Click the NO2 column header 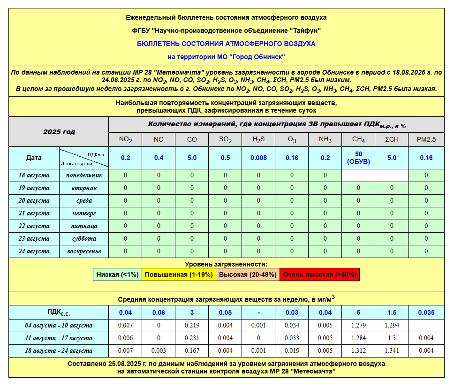[x=125, y=139]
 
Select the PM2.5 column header [x=426, y=139]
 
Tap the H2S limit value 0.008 [x=258, y=158]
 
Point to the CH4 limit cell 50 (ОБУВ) [x=358, y=158]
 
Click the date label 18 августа [x=34, y=175]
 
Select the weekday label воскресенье [x=84, y=251]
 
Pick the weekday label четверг [x=84, y=213]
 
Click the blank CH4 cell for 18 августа [x=358, y=175]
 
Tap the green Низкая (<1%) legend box [x=117, y=274]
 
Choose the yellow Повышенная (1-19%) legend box [x=179, y=274]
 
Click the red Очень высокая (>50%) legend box [x=320, y=274]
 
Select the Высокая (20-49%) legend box [x=248, y=274]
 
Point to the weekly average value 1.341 [x=392, y=350]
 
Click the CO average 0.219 [x=192, y=325]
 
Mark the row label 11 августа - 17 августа [x=59, y=338]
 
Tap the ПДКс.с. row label [x=59, y=312]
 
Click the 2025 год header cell [x=59, y=132]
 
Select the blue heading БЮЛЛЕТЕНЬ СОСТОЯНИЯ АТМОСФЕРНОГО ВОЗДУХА [x=226, y=44]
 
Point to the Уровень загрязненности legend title [x=226, y=265]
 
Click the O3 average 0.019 [x=292, y=350]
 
